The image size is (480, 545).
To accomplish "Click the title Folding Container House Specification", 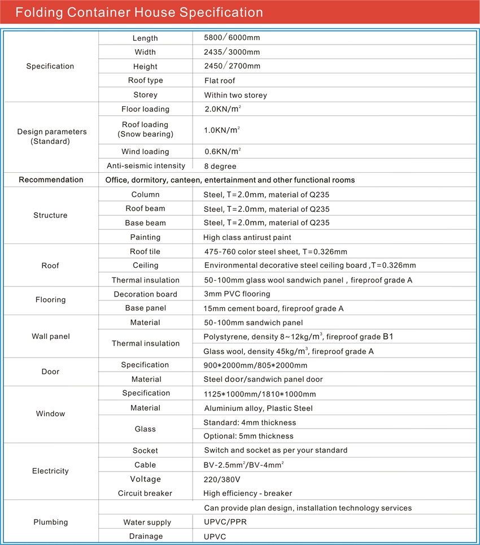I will pos(139,12).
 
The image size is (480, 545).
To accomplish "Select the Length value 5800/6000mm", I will pos(232,38).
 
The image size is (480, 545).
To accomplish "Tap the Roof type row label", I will pos(145,81).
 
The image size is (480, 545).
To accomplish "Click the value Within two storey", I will pos(235,95).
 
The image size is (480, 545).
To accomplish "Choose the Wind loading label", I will pos(145,151).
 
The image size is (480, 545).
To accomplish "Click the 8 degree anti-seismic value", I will pos(220,166).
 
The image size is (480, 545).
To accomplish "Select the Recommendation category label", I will pos(51,180).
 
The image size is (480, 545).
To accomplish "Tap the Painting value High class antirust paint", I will pos(247,237).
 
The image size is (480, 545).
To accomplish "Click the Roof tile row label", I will pos(145,251).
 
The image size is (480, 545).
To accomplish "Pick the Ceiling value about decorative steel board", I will pos(310,265).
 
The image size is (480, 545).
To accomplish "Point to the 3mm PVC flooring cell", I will pos(237,294).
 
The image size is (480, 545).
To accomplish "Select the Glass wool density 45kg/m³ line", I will pos(288,351).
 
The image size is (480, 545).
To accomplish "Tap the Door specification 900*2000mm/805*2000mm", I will pos(255,365).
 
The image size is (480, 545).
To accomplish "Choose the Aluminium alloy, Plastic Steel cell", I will pos(258,408).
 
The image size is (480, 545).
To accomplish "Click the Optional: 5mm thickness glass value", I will pos(248,436).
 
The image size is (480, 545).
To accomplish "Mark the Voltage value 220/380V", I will pos(221,479).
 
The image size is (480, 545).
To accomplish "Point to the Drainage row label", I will pos(145,536).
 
